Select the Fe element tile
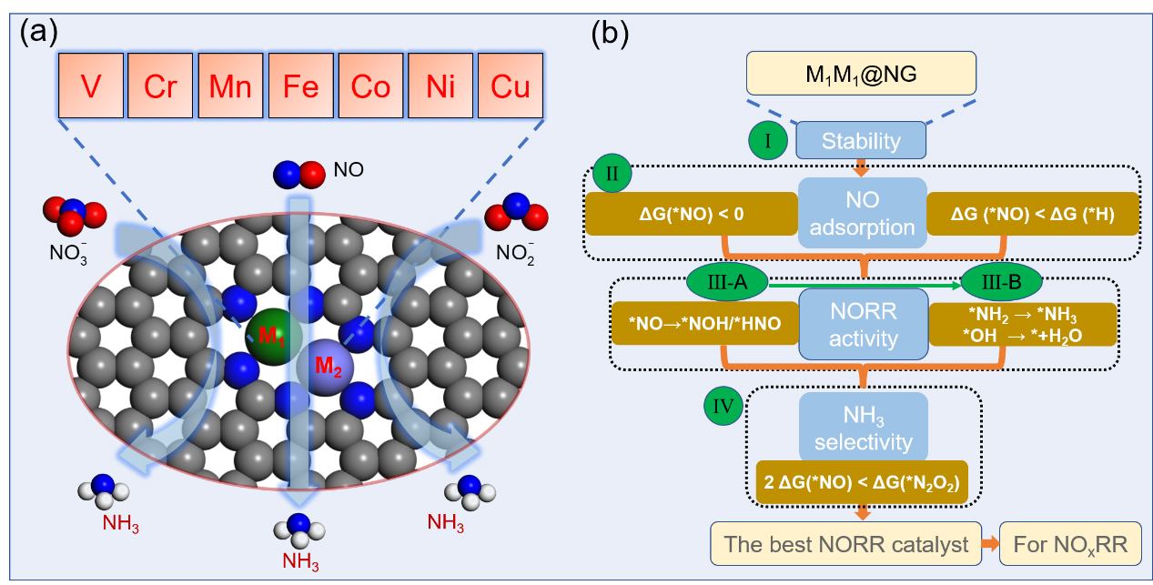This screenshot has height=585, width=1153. tap(301, 86)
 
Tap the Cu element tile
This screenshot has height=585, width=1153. tap(511, 86)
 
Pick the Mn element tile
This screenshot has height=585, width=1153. tap(231, 86)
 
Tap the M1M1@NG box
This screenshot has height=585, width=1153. tap(861, 73)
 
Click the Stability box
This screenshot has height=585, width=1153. tap(861, 141)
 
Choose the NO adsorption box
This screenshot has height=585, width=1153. tap(862, 213)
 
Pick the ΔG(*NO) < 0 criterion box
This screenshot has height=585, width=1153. tap(690, 215)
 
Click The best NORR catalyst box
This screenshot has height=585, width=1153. tap(845, 545)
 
